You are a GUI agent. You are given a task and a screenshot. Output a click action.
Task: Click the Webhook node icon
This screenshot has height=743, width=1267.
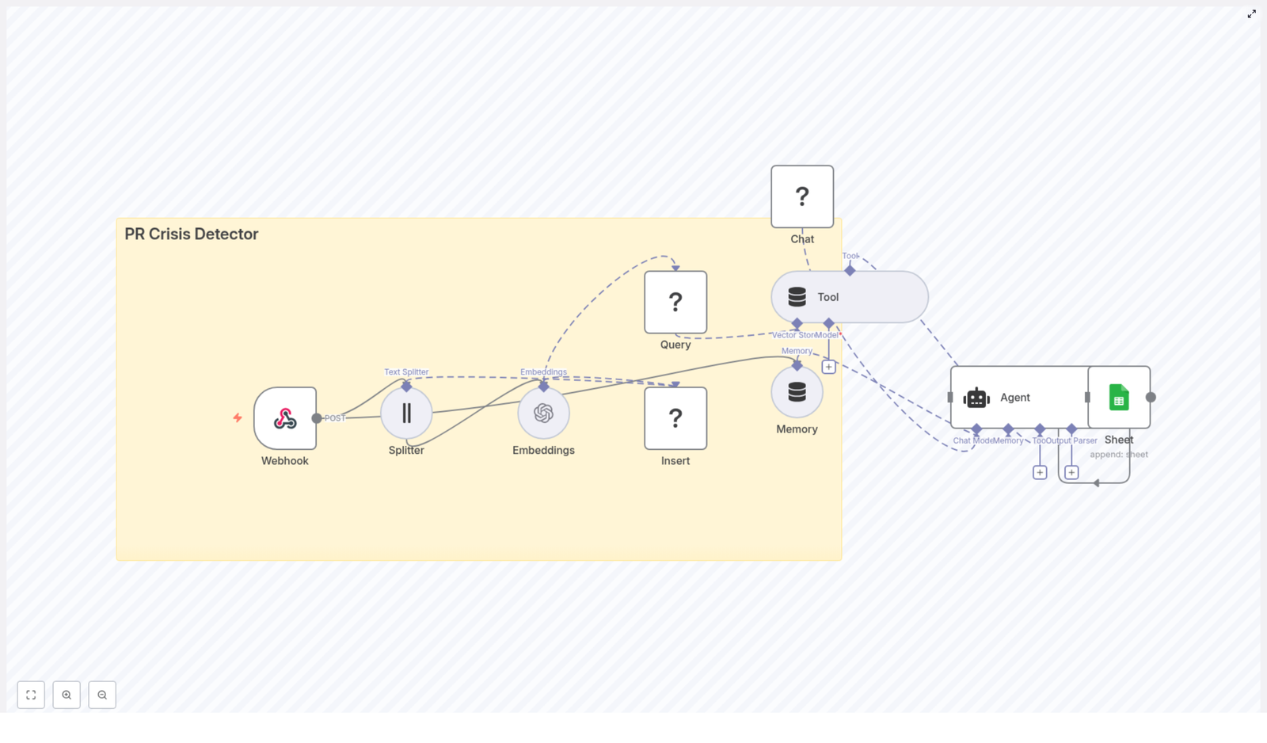(285, 418)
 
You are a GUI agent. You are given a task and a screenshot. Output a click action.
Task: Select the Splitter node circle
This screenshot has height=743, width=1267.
(406, 413)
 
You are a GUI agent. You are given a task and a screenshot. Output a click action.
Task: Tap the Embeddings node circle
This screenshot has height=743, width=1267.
(543, 413)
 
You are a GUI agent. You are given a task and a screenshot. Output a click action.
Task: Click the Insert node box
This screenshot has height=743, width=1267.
(675, 418)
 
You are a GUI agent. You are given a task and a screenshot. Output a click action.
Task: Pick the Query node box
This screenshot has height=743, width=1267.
(675, 302)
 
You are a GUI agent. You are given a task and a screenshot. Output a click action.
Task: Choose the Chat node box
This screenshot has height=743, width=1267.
(802, 196)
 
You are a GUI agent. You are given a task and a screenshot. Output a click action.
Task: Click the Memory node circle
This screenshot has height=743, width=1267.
(797, 392)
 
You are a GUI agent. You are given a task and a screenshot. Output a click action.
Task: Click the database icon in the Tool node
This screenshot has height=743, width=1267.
(797, 297)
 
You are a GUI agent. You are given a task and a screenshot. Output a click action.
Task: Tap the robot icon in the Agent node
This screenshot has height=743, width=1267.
(976, 398)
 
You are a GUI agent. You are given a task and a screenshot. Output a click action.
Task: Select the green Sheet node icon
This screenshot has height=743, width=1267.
(1119, 398)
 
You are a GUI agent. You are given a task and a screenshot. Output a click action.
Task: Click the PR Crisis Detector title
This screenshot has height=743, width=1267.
(192, 234)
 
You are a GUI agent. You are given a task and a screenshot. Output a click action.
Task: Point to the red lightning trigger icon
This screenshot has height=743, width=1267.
(238, 417)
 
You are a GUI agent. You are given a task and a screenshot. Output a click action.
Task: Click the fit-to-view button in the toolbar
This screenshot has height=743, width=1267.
(31, 695)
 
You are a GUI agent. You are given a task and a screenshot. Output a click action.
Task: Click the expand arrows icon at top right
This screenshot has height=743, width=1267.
(1251, 14)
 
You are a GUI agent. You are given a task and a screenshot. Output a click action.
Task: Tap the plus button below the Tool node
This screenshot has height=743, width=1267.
(828, 367)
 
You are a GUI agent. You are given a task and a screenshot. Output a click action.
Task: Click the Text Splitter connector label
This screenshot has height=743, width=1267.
(406, 371)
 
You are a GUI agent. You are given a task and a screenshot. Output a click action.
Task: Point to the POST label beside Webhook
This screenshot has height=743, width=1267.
(335, 418)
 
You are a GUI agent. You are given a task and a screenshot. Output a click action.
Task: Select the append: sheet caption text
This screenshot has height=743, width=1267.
(1118, 454)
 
